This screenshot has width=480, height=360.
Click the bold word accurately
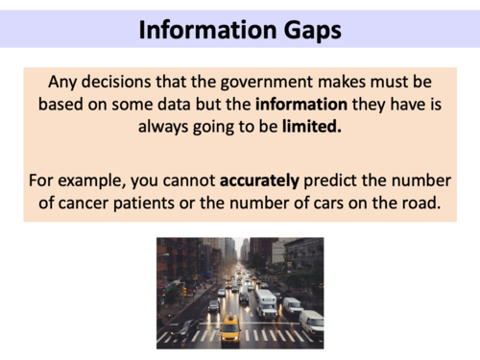point(264,179)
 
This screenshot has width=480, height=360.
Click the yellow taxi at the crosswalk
point(230,331)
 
